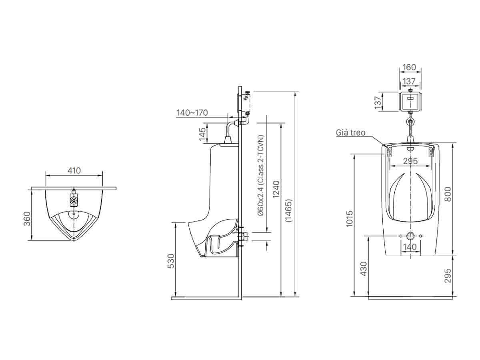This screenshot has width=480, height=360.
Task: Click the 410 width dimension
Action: [74, 171]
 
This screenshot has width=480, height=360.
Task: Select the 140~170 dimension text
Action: [192, 113]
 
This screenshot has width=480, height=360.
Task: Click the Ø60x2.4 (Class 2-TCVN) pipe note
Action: [261, 176]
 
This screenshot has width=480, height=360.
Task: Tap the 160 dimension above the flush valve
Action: [410, 68]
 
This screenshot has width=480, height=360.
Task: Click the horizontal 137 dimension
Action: [409, 82]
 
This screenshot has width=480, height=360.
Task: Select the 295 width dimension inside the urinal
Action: [410, 161]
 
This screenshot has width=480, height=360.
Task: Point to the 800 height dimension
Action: [448, 194]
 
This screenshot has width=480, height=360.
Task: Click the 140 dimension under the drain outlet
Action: [410, 247]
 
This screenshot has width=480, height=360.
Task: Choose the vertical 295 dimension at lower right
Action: [448, 276]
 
